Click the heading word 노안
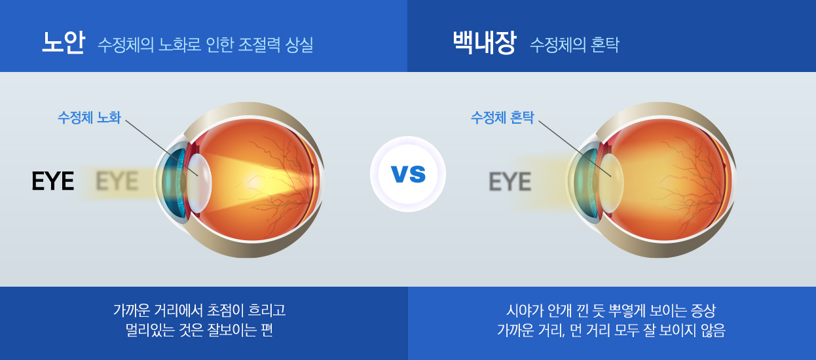64,43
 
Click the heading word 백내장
485,43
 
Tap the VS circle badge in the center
408,174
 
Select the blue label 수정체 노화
89,117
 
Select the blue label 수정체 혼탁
502,117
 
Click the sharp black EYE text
53,181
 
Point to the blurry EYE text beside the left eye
117,181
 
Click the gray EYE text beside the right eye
510,181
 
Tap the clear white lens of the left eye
200,183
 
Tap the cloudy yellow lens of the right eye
611,183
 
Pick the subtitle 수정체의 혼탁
574,45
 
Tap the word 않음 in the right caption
713,330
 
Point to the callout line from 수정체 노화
162,148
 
